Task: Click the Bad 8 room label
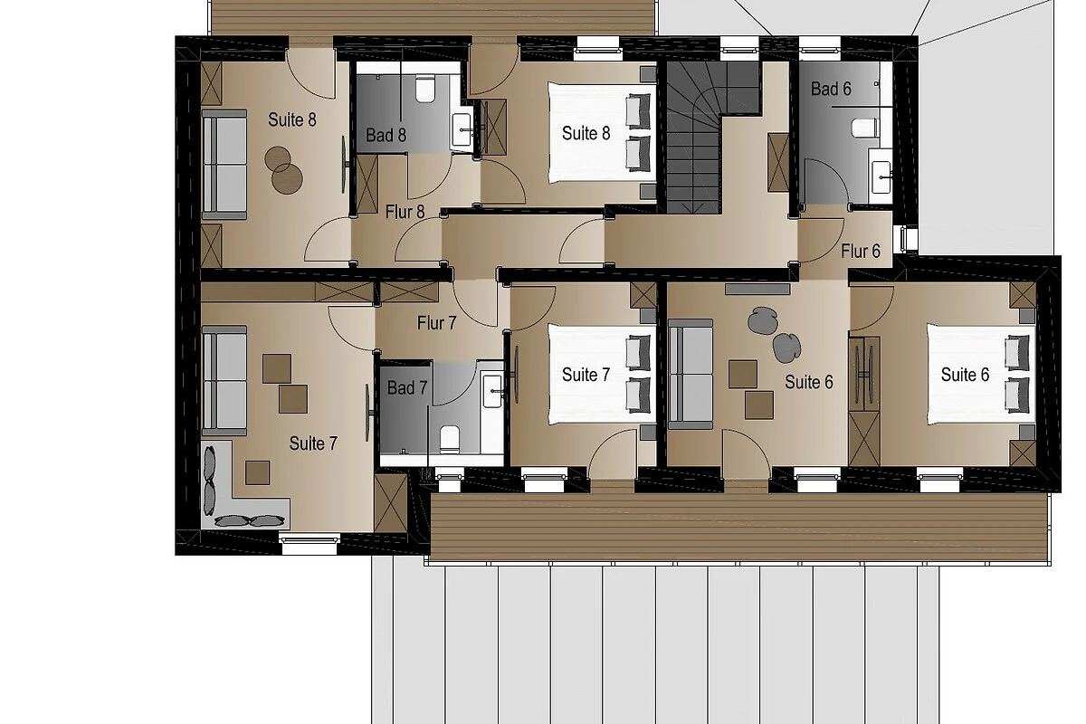(x=386, y=135)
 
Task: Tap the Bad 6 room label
(x=831, y=89)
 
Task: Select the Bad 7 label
(x=407, y=387)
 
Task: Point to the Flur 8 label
(x=405, y=212)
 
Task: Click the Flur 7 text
(x=437, y=323)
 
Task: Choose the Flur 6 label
(x=861, y=252)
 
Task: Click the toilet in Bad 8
(x=425, y=89)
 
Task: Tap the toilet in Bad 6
(x=864, y=128)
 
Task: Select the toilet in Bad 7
(x=450, y=439)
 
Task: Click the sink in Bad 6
(x=881, y=177)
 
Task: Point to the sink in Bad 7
(x=492, y=391)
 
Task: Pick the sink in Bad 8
(x=462, y=130)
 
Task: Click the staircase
(x=713, y=138)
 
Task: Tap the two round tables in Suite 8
(x=283, y=170)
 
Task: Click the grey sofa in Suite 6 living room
(x=691, y=374)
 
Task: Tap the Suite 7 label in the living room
(x=313, y=443)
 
